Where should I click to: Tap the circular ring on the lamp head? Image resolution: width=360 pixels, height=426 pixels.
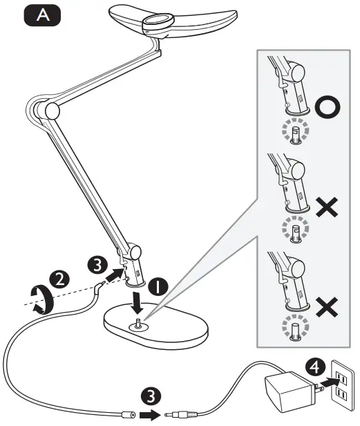click(x=157, y=22)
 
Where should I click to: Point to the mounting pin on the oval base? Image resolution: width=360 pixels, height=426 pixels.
click(x=140, y=322)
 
